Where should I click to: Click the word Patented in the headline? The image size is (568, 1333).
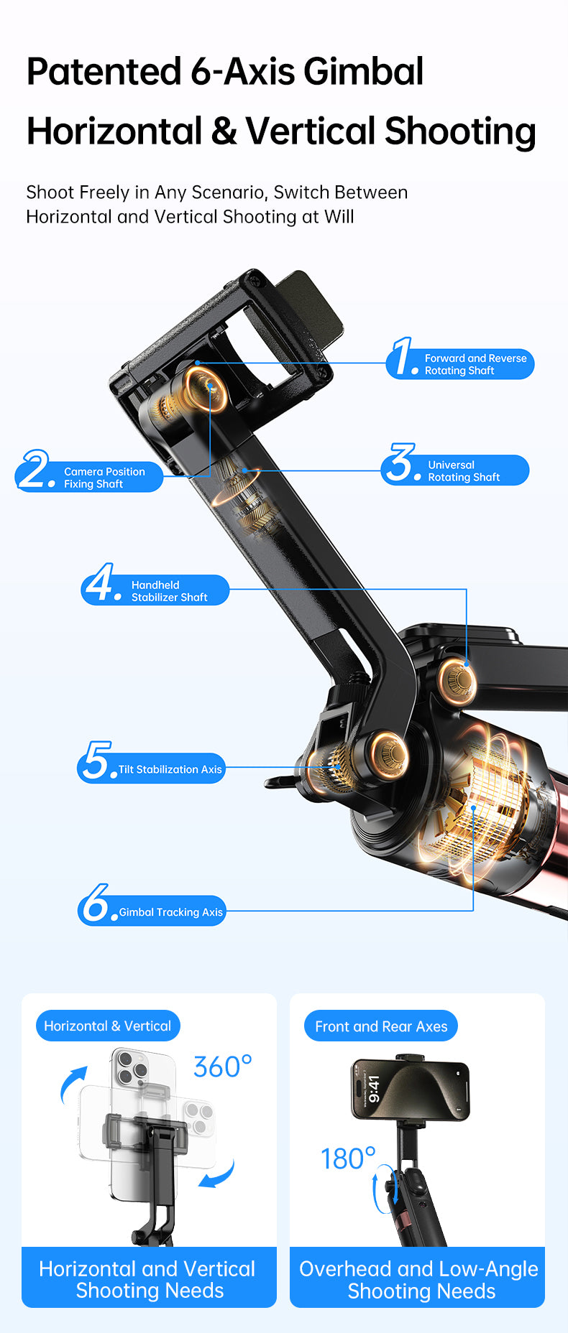pyautogui.click(x=104, y=72)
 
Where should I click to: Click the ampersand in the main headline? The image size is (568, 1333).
pyautogui.click(x=224, y=131)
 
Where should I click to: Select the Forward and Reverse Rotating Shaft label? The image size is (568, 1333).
pyautogui.click(x=475, y=364)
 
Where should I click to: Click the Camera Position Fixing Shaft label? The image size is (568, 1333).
pyautogui.click(x=104, y=478)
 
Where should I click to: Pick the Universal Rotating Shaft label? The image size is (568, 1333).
pyautogui.click(x=463, y=471)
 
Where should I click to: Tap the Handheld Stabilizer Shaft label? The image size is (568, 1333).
pyautogui.click(x=169, y=591)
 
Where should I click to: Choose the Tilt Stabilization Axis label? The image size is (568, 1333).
pyautogui.click(x=170, y=769)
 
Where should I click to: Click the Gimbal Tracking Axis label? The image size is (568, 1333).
pyautogui.click(x=170, y=912)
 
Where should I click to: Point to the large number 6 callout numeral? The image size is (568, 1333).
pyautogui.click(x=95, y=904)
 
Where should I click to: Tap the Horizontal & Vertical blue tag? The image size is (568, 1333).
pyautogui.click(x=108, y=1026)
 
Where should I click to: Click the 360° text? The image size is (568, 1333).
pyautogui.click(x=223, y=1067)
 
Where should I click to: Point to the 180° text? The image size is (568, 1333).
pyautogui.click(x=348, y=1159)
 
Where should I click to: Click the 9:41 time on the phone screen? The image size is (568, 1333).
pyautogui.click(x=373, y=1089)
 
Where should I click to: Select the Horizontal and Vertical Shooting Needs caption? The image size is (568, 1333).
pyautogui.click(x=149, y=1280)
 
